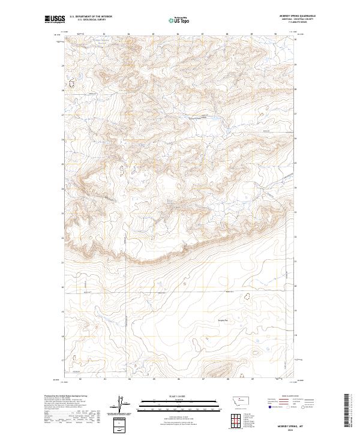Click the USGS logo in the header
point(55,19)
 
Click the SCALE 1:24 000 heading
point(179,396)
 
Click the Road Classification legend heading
point(290,397)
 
